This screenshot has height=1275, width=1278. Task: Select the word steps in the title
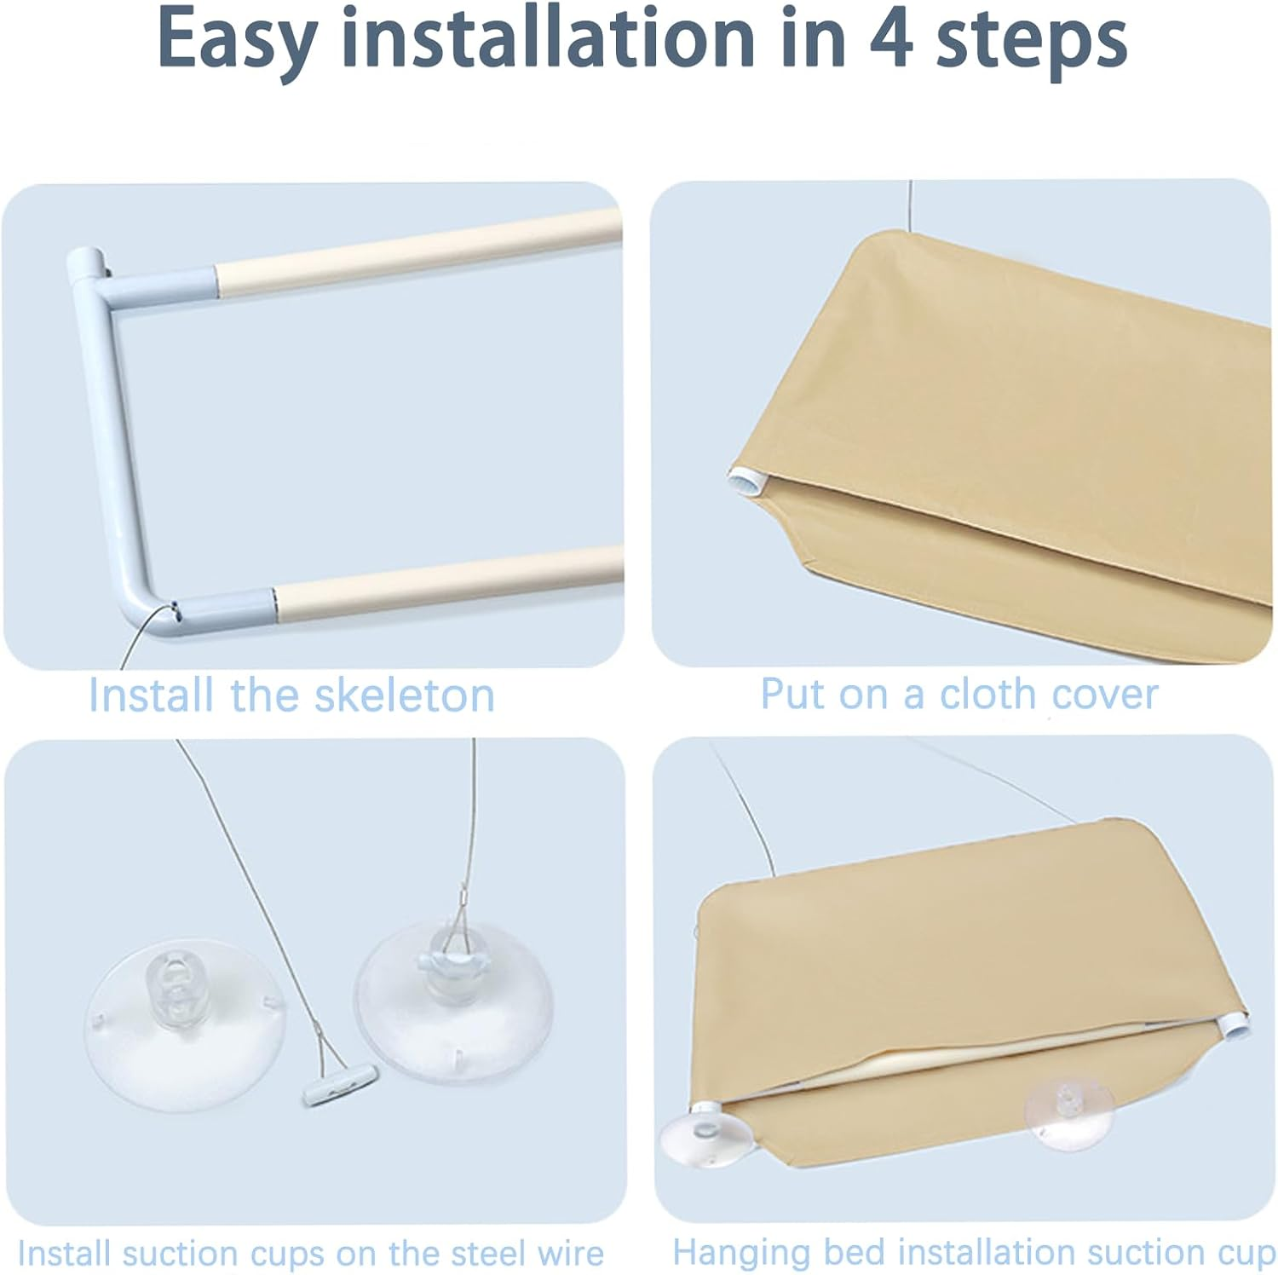point(1032,44)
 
